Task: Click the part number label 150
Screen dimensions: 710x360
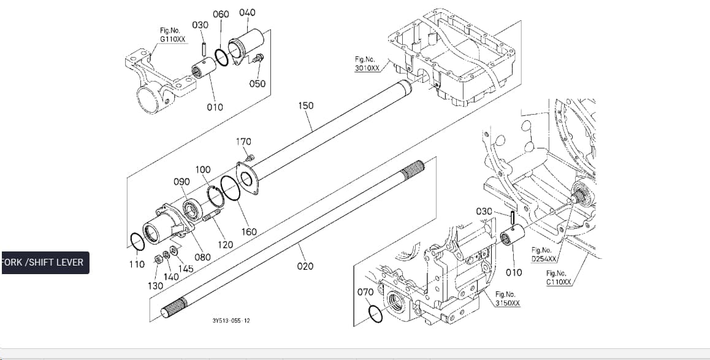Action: (x=306, y=105)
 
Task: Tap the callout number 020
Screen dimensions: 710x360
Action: (x=305, y=266)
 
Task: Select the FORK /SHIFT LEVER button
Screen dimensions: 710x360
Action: (x=45, y=262)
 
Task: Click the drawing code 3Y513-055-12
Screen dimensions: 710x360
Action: (x=231, y=321)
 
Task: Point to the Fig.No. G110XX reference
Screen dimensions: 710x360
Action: (x=172, y=35)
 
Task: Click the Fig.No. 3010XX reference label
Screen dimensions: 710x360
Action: (x=367, y=64)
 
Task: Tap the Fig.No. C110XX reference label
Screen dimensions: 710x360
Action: (x=559, y=278)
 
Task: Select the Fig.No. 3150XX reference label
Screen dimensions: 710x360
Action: (x=508, y=299)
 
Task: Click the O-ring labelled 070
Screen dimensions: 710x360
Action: (x=375, y=314)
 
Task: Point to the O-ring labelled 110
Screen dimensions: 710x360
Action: (x=137, y=242)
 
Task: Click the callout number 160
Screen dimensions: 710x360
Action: (x=248, y=232)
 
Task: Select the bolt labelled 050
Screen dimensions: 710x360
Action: (x=259, y=58)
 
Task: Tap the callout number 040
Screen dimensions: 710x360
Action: (x=247, y=12)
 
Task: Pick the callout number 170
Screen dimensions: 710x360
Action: (x=243, y=142)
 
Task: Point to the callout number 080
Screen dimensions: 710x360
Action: (x=202, y=257)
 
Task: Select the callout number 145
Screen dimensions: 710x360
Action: (x=185, y=269)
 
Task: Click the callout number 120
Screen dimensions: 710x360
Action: (x=225, y=245)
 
